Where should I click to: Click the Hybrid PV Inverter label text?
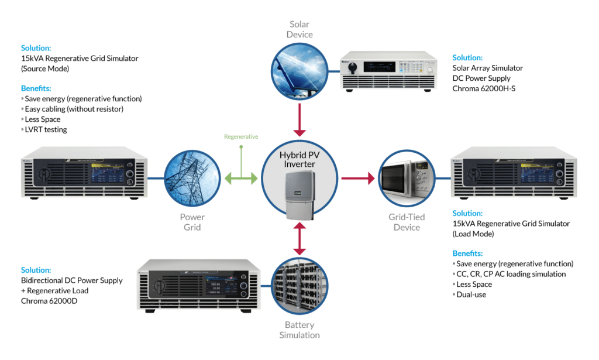pyautogui.click(x=299, y=159)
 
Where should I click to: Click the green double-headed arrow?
pyautogui.click(x=241, y=178)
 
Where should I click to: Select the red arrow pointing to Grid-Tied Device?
pyautogui.click(x=357, y=178)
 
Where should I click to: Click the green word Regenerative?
pyautogui.click(x=241, y=136)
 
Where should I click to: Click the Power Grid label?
pyautogui.click(x=192, y=222)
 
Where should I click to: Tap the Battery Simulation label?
pyautogui.click(x=299, y=330)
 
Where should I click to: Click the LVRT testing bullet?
pyautogui.click(x=46, y=129)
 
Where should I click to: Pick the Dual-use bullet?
pyautogui.click(x=471, y=294)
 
